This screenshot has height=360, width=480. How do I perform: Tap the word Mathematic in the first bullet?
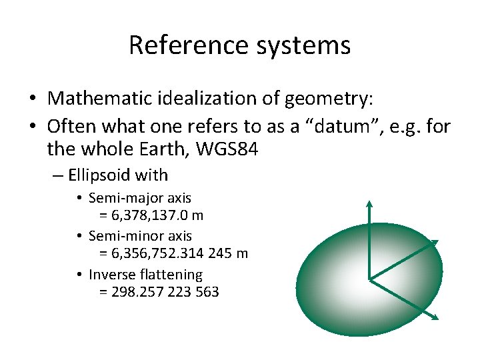[x=101, y=99]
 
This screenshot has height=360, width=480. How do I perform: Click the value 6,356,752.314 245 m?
[x=173, y=253]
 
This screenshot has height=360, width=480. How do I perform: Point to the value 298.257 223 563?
[x=159, y=292]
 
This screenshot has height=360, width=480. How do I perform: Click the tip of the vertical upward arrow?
[x=369, y=202]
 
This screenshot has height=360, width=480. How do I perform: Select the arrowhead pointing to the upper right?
[x=435, y=243]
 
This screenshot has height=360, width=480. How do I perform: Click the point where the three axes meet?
[x=369, y=279]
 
